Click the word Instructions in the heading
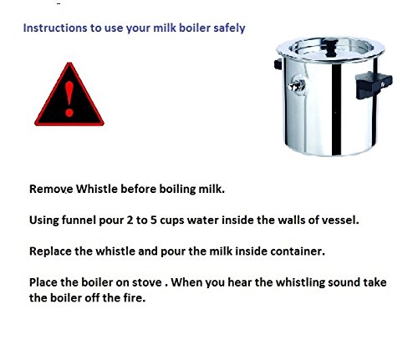click(x=53, y=28)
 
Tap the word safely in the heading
click(x=227, y=28)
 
